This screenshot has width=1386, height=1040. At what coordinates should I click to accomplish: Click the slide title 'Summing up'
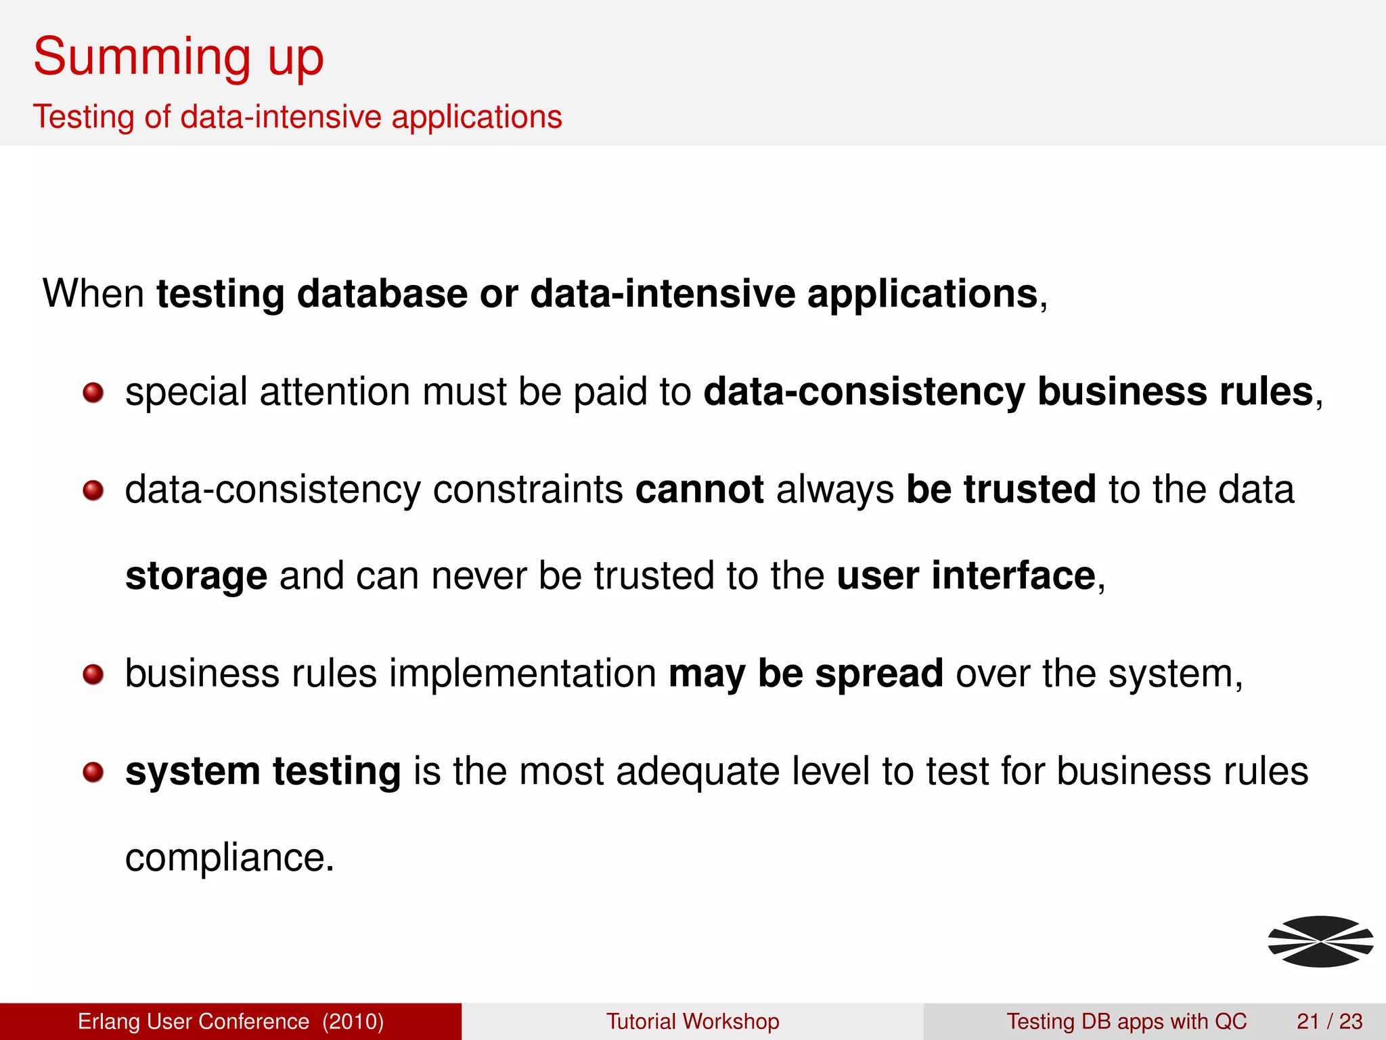click(179, 58)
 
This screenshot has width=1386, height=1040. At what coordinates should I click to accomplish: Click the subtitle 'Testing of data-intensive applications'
click(297, 116)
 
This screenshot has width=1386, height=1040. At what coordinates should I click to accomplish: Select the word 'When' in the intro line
click(93, 294)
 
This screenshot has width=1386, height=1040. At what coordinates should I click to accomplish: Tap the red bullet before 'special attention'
click(93, 392)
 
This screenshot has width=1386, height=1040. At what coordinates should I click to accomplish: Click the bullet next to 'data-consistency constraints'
click(93, 490)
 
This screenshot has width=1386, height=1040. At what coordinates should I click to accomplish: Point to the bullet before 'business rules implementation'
click(93, 674)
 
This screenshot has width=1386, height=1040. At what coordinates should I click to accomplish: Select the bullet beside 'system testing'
click(93, 772)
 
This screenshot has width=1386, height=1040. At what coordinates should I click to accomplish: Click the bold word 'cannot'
click(699, 490)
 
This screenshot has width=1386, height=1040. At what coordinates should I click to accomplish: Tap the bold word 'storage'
click(196, 576)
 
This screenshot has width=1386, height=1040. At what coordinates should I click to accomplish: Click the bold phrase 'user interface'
click(966, 576)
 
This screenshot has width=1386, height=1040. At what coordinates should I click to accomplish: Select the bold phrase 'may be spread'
click(805, 674)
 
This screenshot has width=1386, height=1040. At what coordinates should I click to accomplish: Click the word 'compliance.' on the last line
click(229, 858)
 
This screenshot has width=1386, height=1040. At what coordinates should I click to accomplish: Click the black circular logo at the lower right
click(1320, 941)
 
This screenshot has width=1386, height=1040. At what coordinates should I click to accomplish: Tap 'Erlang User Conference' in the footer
click(194, 1021)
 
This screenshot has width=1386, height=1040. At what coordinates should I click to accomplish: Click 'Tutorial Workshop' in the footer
click(692, 1021)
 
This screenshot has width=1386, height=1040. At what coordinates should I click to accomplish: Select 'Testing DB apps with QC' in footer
click(1126, 1021)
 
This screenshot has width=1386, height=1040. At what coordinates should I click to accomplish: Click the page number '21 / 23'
click(1329, 1021)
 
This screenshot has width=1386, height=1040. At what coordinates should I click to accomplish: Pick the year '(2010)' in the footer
click(353, 1021)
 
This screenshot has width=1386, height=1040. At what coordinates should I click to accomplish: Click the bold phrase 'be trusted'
click(1000, 490)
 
